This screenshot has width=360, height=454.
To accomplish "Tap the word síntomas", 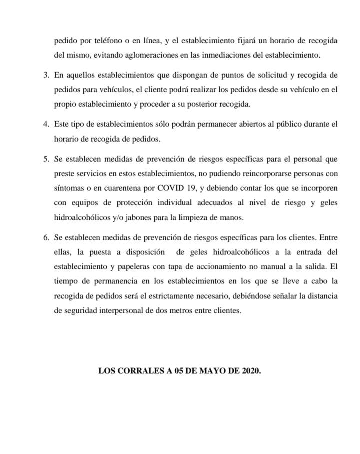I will pos(70,189).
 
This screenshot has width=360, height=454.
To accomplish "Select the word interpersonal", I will pos(125,310).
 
